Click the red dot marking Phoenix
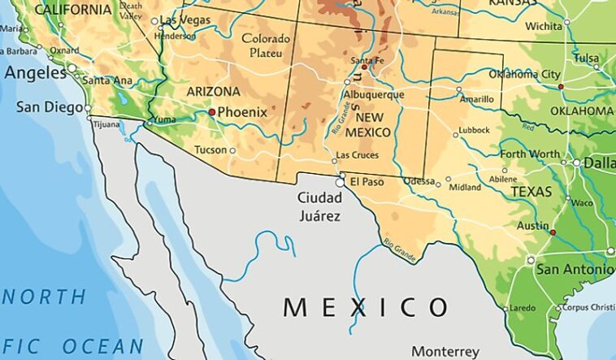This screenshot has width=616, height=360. [212, 111]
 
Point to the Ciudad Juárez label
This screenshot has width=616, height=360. [319, 206]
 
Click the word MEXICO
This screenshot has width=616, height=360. [366, 307]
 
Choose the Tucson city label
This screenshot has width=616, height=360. [210, 150]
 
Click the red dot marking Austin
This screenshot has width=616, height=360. [553, 232]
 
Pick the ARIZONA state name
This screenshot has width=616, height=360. [213, 92]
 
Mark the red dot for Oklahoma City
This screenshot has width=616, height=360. [561, 86]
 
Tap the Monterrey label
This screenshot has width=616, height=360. [445, 351]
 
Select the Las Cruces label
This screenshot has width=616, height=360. [358, 154]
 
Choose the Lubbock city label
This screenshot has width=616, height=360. [474, 130]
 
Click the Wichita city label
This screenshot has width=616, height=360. [544, 26]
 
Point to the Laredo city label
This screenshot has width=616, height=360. [522, 308]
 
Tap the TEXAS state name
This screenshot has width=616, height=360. [531, 192]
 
